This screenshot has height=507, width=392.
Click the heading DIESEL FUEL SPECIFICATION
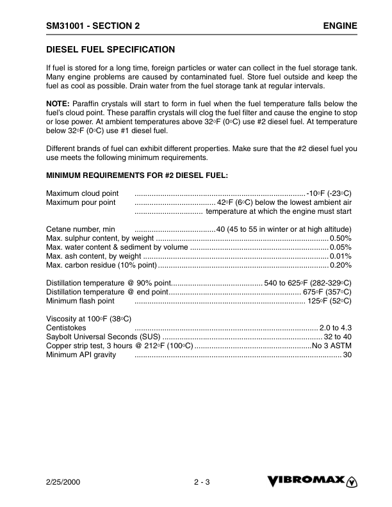pyautogui.click(x=111, y=49)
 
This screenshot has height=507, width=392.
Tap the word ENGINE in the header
pyautogui.click(x=339, y=26)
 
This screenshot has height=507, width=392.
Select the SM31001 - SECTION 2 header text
pyautogui.click(x=93, y=26)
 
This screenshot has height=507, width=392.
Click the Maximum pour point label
pyautogui.click(x=81, y=202)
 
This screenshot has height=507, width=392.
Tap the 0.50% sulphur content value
pyautogui.click(x=340, y=238)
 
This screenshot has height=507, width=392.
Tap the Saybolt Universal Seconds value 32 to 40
pyautogui.click(x=338, y=337)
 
